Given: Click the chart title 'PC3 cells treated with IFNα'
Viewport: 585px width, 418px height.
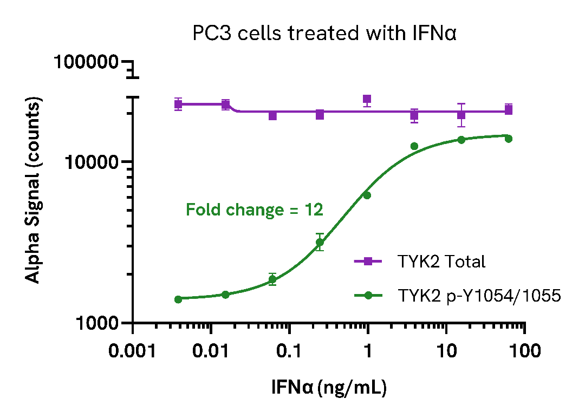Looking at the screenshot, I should coord(325,34).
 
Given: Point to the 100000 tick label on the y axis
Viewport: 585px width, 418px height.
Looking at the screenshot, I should coord(86,63).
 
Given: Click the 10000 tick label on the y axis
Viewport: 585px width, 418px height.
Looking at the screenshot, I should coord(92,162).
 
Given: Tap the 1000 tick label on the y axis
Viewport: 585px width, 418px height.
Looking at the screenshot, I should coord(97,323).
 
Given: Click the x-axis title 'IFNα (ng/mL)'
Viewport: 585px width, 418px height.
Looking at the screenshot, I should coord(329,388).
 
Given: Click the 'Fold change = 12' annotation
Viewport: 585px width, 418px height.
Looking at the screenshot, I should coord(255,210).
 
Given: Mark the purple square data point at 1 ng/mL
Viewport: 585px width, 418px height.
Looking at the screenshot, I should coord(367,100).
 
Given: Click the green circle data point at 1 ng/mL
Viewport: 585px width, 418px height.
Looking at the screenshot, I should coord(367,195).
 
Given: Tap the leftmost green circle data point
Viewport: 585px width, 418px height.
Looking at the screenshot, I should coord(178,299).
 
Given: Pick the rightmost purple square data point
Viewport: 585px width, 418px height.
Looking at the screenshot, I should coord(509,110).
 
